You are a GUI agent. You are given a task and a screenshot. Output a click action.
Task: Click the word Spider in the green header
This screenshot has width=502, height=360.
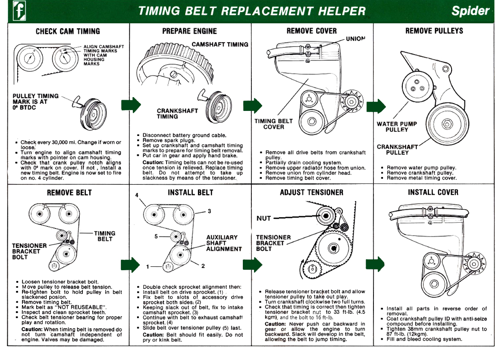coord(471,11)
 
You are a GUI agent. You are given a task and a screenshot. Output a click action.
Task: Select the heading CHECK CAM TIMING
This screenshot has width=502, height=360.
coord(68,32)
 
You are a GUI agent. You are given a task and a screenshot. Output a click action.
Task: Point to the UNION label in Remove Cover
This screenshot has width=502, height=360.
coord(355,39)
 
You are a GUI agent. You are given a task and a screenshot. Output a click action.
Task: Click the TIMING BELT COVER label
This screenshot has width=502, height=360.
coord(273,124)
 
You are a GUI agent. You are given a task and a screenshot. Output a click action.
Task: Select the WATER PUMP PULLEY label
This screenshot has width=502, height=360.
coord(397,126)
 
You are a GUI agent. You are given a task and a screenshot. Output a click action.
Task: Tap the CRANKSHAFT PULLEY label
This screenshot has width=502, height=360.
coord(397,149)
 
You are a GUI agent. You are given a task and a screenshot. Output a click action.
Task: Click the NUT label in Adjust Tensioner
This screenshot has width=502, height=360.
coord(264,218)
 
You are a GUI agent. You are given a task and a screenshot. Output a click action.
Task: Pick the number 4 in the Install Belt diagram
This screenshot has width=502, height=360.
coord(137,195)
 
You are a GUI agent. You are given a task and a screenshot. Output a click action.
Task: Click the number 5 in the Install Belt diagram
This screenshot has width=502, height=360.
coord(157,237)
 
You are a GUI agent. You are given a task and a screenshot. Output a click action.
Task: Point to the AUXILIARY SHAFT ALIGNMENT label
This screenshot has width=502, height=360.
coord(223,243)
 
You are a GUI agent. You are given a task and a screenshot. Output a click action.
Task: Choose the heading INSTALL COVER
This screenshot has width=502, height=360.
coord(433,193)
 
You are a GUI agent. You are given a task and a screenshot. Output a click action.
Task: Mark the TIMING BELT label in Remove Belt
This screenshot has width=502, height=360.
coord(105,236)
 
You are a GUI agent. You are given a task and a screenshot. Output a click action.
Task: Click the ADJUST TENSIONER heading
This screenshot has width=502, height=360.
coord(311,193)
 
